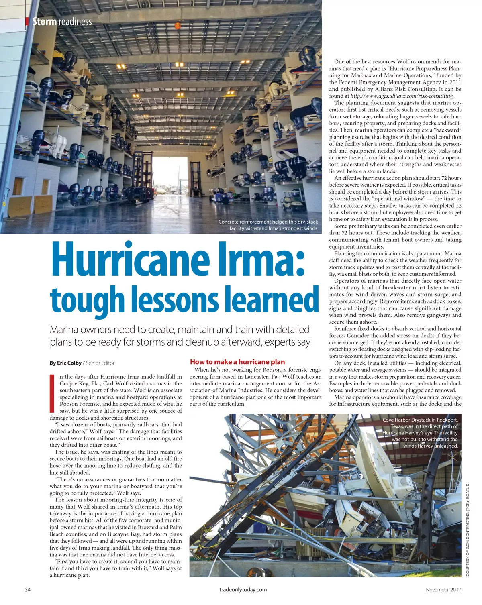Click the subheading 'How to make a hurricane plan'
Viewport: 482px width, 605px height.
coord(237,362)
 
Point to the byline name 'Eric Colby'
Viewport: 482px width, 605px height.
coord(69,363)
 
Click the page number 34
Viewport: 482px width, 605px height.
coord(28,590)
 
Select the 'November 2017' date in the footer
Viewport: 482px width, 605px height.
coord(443,590)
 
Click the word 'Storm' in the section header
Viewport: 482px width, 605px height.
coord(44,22)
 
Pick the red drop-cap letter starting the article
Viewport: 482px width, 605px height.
coord(51,393)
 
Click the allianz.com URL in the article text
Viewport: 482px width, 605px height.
coord(402,96)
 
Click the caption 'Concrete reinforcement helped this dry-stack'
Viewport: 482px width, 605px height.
coord(268,222)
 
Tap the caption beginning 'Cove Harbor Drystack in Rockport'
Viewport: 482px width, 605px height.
coord(420,420)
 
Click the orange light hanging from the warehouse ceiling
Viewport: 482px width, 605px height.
coord(178,25)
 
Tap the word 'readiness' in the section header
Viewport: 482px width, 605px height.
coord(75,22)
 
